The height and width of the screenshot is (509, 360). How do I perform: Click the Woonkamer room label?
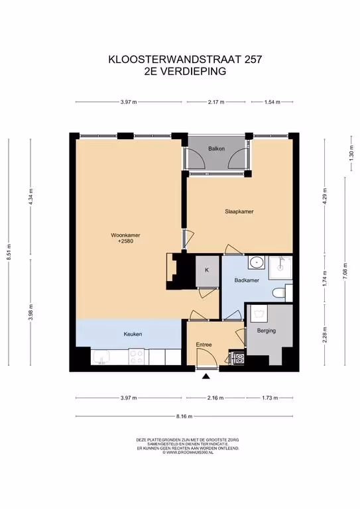(x=125, y=235)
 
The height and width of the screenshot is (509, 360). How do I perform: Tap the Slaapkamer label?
(x=239, y=211)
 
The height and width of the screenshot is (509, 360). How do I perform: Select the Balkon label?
(x=217, y=148)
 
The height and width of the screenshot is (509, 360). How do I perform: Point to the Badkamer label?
(x=247, y=280)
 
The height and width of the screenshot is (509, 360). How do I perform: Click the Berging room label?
(x=266, y=331)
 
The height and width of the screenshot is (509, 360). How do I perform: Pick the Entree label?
(x=204, y=345)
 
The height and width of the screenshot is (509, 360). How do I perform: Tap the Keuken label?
(x=133, y=334)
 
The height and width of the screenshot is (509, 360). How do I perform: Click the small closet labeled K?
(x=208, y=271)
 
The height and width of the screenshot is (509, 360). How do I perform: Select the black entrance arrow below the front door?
(x=206, y=376)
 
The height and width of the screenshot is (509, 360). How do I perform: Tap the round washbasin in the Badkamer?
(x=257, y=262)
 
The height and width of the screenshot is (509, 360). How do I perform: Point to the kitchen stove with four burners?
(x=137, y=357)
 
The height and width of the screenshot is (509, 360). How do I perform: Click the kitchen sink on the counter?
(x=101, y=357)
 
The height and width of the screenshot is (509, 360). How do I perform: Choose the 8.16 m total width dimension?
(x=184, y=416)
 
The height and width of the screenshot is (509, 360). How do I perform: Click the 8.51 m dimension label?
(x=9, y=252)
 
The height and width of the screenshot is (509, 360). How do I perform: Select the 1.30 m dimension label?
(x=351, y=154)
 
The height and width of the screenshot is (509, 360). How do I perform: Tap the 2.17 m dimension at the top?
(x=216, y=102)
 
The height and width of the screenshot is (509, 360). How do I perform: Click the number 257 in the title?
(x=253, y=60)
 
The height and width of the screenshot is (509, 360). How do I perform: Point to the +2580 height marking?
(x=125, y=241)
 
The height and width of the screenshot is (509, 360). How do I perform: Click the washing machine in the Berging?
(x=259, y=313)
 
